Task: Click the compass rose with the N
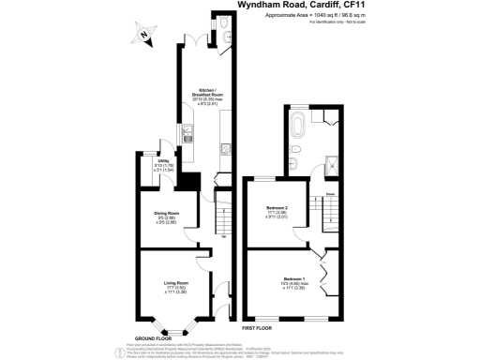142,37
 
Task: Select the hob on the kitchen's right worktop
224,147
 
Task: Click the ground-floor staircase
224,220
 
